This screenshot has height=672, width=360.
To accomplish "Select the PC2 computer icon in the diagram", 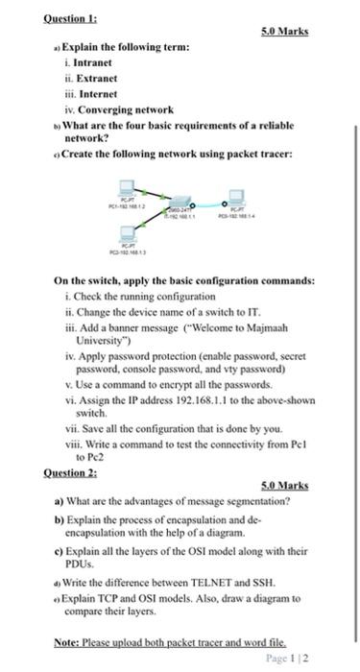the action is click(x=127, y=231).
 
